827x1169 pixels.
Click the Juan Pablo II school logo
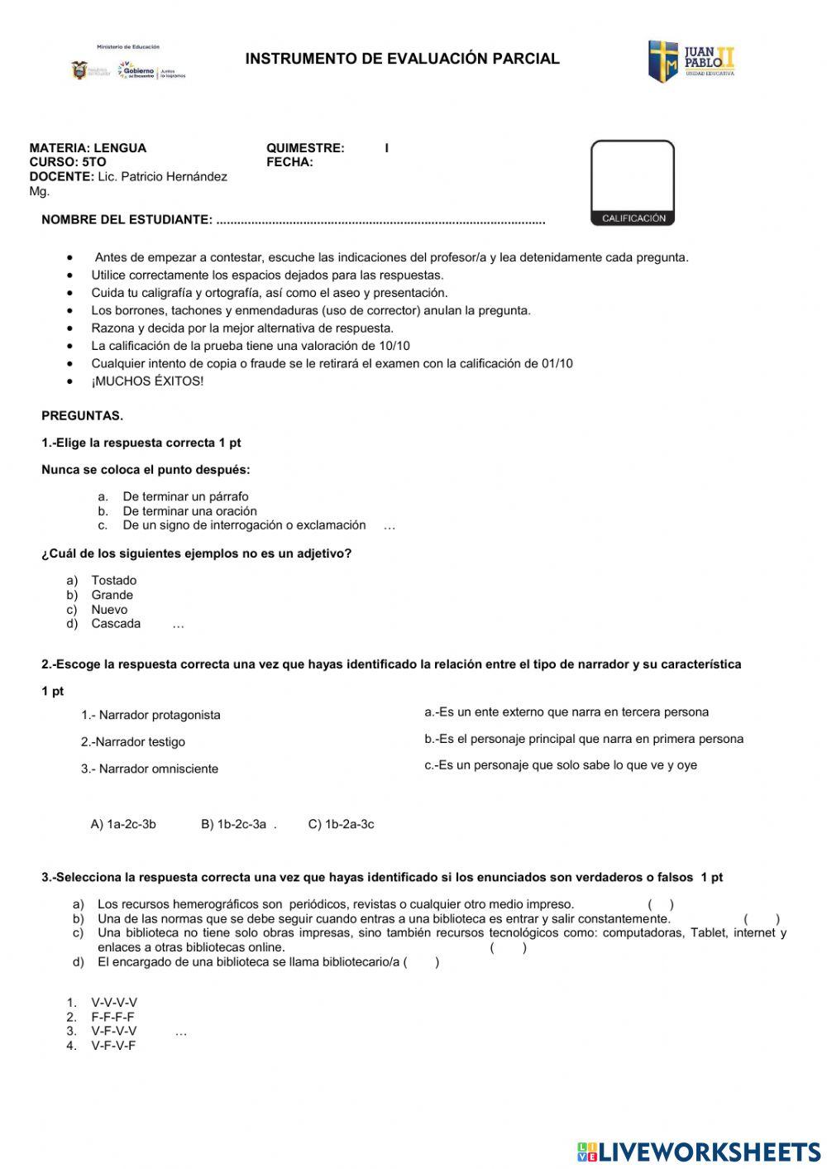point(691,61)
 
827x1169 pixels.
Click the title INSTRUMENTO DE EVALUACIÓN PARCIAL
point(402,59)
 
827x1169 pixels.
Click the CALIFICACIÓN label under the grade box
point(633,218)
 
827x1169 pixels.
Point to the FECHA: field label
point(289,162)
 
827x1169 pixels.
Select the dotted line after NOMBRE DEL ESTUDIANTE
point(380,220)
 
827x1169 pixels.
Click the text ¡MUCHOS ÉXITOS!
point(147,381)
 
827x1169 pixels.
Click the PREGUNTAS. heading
point(82,415)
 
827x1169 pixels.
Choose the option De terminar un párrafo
point(185,496)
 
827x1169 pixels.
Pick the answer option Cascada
point(116,624)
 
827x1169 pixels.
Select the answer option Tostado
point(114,581)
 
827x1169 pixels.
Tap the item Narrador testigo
point(133,742)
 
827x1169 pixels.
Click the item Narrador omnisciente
point(150,769)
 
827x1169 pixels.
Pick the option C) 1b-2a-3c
point(341,824)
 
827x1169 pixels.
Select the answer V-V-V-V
point(114,1003)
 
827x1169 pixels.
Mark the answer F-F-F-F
point(112,1017)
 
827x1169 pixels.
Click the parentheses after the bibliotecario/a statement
point(422,962)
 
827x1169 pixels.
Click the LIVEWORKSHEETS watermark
point(699,1152)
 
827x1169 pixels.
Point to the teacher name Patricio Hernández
point(174,176)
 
